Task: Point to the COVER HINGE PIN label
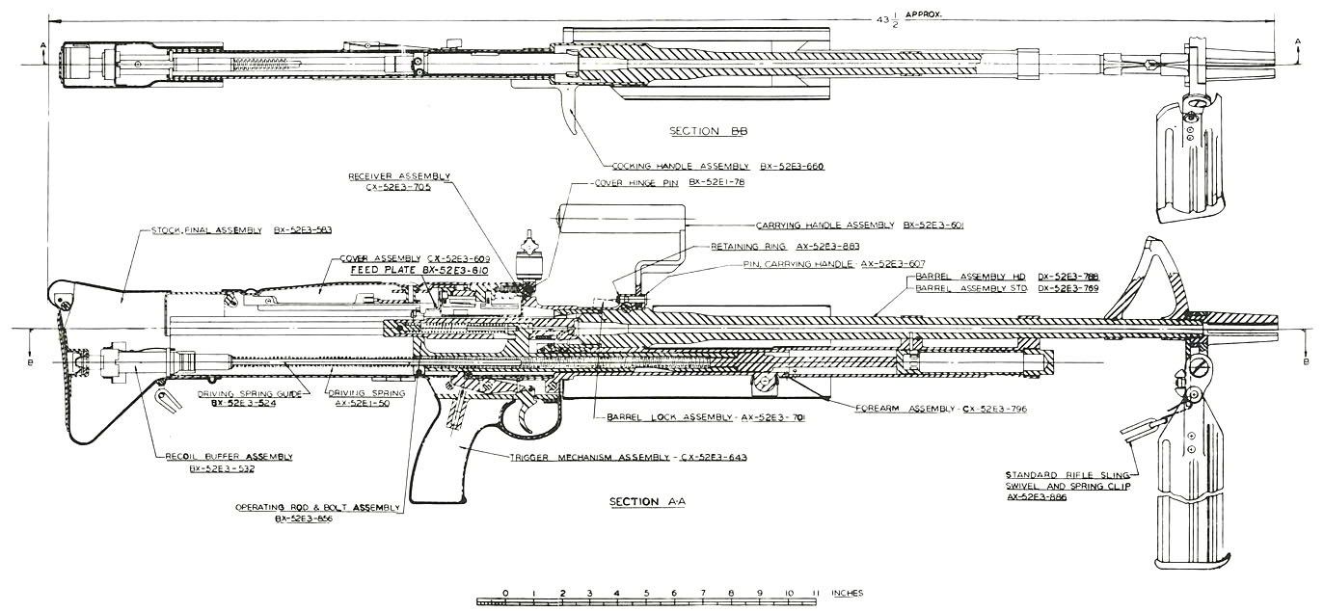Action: click(639, 182)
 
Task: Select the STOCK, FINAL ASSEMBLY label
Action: click(206, 230)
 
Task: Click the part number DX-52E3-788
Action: click(1067, 276)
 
